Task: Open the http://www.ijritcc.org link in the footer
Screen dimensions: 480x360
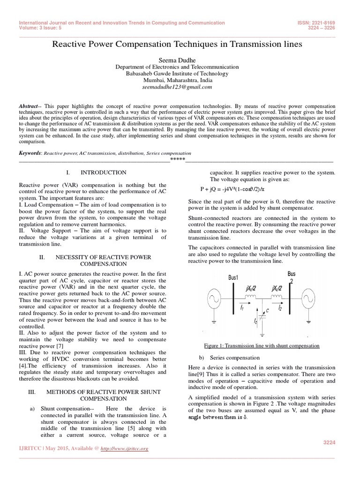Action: pos(124,449)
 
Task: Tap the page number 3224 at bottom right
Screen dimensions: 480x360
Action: pos(330,442)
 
